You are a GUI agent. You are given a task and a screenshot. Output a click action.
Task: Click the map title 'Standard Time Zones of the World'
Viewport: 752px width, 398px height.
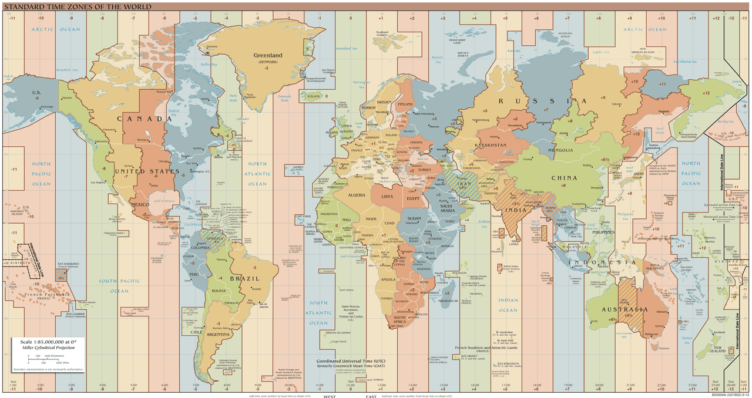(77, 6)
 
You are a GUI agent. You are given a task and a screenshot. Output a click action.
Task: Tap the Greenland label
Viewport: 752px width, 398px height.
(268, 56)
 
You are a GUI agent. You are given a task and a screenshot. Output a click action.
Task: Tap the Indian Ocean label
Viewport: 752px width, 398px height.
(508, 305)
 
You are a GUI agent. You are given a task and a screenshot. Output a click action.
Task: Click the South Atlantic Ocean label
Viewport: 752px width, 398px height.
(318, 313)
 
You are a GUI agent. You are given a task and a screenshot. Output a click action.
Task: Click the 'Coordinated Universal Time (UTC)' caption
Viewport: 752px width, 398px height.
(351, 361)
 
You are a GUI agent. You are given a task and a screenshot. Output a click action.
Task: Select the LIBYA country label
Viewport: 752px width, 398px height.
(387, 197)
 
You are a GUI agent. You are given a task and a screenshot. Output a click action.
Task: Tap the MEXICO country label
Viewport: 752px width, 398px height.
(141, 204)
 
